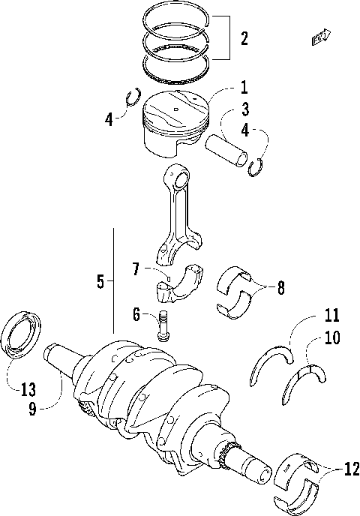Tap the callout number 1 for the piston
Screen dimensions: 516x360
coord(244,88)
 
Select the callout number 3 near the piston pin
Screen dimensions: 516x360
coord(244,110)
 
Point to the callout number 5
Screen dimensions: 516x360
coord(100,281)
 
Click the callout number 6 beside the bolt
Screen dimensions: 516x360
coord(136,316)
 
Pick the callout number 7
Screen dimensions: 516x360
coord(136,268)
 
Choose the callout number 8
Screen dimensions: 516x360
coord(280,286)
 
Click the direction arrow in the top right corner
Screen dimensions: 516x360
coord(322,36)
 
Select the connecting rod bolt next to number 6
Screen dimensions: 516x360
coord(163,325)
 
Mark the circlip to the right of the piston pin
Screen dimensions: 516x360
coord(256,167)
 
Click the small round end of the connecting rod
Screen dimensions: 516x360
coord(181,178)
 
